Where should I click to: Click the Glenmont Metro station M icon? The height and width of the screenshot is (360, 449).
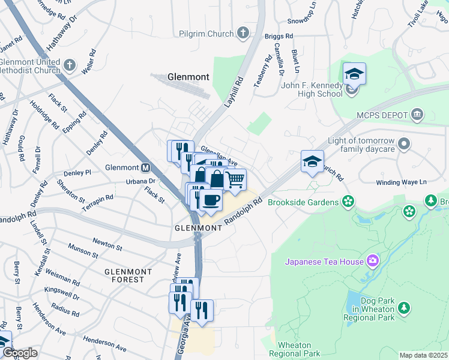pos(145,167)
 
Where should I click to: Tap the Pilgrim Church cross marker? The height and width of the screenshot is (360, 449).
pos(243,33)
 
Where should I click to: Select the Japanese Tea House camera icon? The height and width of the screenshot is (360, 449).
pos(373,261)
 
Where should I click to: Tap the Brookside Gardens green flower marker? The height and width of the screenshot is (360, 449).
pos(346,202)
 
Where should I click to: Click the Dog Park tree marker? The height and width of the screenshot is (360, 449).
pos(405,308)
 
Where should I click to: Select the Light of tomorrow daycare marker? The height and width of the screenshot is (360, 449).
pos(404,144)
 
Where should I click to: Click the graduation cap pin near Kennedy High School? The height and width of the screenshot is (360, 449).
pos(354,74)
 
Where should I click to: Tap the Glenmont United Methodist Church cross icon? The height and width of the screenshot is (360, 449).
pos(70,65)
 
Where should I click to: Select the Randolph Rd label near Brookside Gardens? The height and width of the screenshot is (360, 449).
pos(244,212)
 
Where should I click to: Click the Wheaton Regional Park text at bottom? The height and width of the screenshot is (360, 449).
pos(294,349)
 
